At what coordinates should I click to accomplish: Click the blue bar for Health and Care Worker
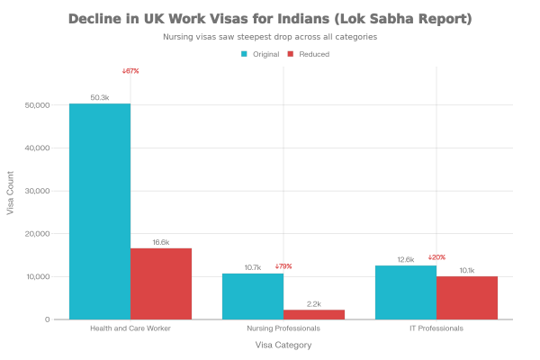tap(99, 211)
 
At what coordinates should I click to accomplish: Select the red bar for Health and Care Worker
tap(161, 283)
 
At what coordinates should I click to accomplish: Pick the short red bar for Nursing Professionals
tap(314, 314)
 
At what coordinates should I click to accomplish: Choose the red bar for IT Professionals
tap(467, 297)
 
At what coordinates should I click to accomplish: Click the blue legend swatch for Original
tap(244, 54)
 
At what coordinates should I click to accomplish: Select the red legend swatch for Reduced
tap(290, 54)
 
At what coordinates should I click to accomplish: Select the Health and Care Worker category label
tap(130, 328)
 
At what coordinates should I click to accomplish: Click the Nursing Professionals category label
tap(283, 328)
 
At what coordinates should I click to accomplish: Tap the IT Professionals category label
tap(436, 328)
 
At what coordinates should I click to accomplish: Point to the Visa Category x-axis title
tap(283, 345)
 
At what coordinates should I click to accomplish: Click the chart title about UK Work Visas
tap(270, 19)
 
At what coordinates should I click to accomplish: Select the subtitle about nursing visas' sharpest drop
tap(270, 38)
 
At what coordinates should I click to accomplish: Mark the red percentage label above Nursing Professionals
tap(284, 266)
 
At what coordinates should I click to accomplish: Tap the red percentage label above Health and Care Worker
tap(131, 71)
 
